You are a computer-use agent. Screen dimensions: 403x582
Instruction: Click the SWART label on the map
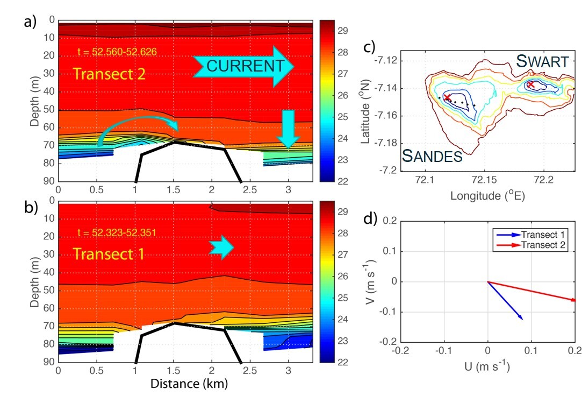coord(542,61)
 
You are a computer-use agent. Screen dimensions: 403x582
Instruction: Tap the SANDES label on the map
coord(432,157)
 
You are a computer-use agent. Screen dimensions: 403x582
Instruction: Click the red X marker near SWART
coord(531,84)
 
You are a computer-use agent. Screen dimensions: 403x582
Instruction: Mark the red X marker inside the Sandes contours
coord(447,97)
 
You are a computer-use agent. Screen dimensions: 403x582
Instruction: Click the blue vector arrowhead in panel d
coord(521,317)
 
